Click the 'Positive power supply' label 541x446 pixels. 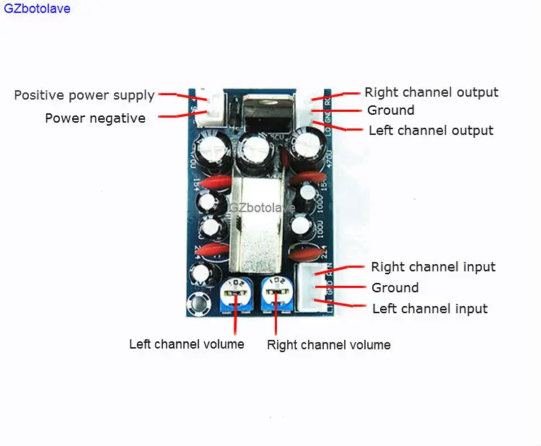(84, 95)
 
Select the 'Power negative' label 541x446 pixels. (95, 118)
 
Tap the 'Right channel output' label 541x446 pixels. (431, 92)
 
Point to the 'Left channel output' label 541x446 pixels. (431, 131)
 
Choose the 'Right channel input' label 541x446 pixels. (433, 267)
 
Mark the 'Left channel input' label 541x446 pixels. (430, 309)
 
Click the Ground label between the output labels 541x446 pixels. (391, 110)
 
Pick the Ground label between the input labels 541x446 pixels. (395, 288)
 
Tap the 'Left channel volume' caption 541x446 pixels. (187, 344)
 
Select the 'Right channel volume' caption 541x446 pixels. (329, 345)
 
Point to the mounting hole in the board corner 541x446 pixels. (195, 305)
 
